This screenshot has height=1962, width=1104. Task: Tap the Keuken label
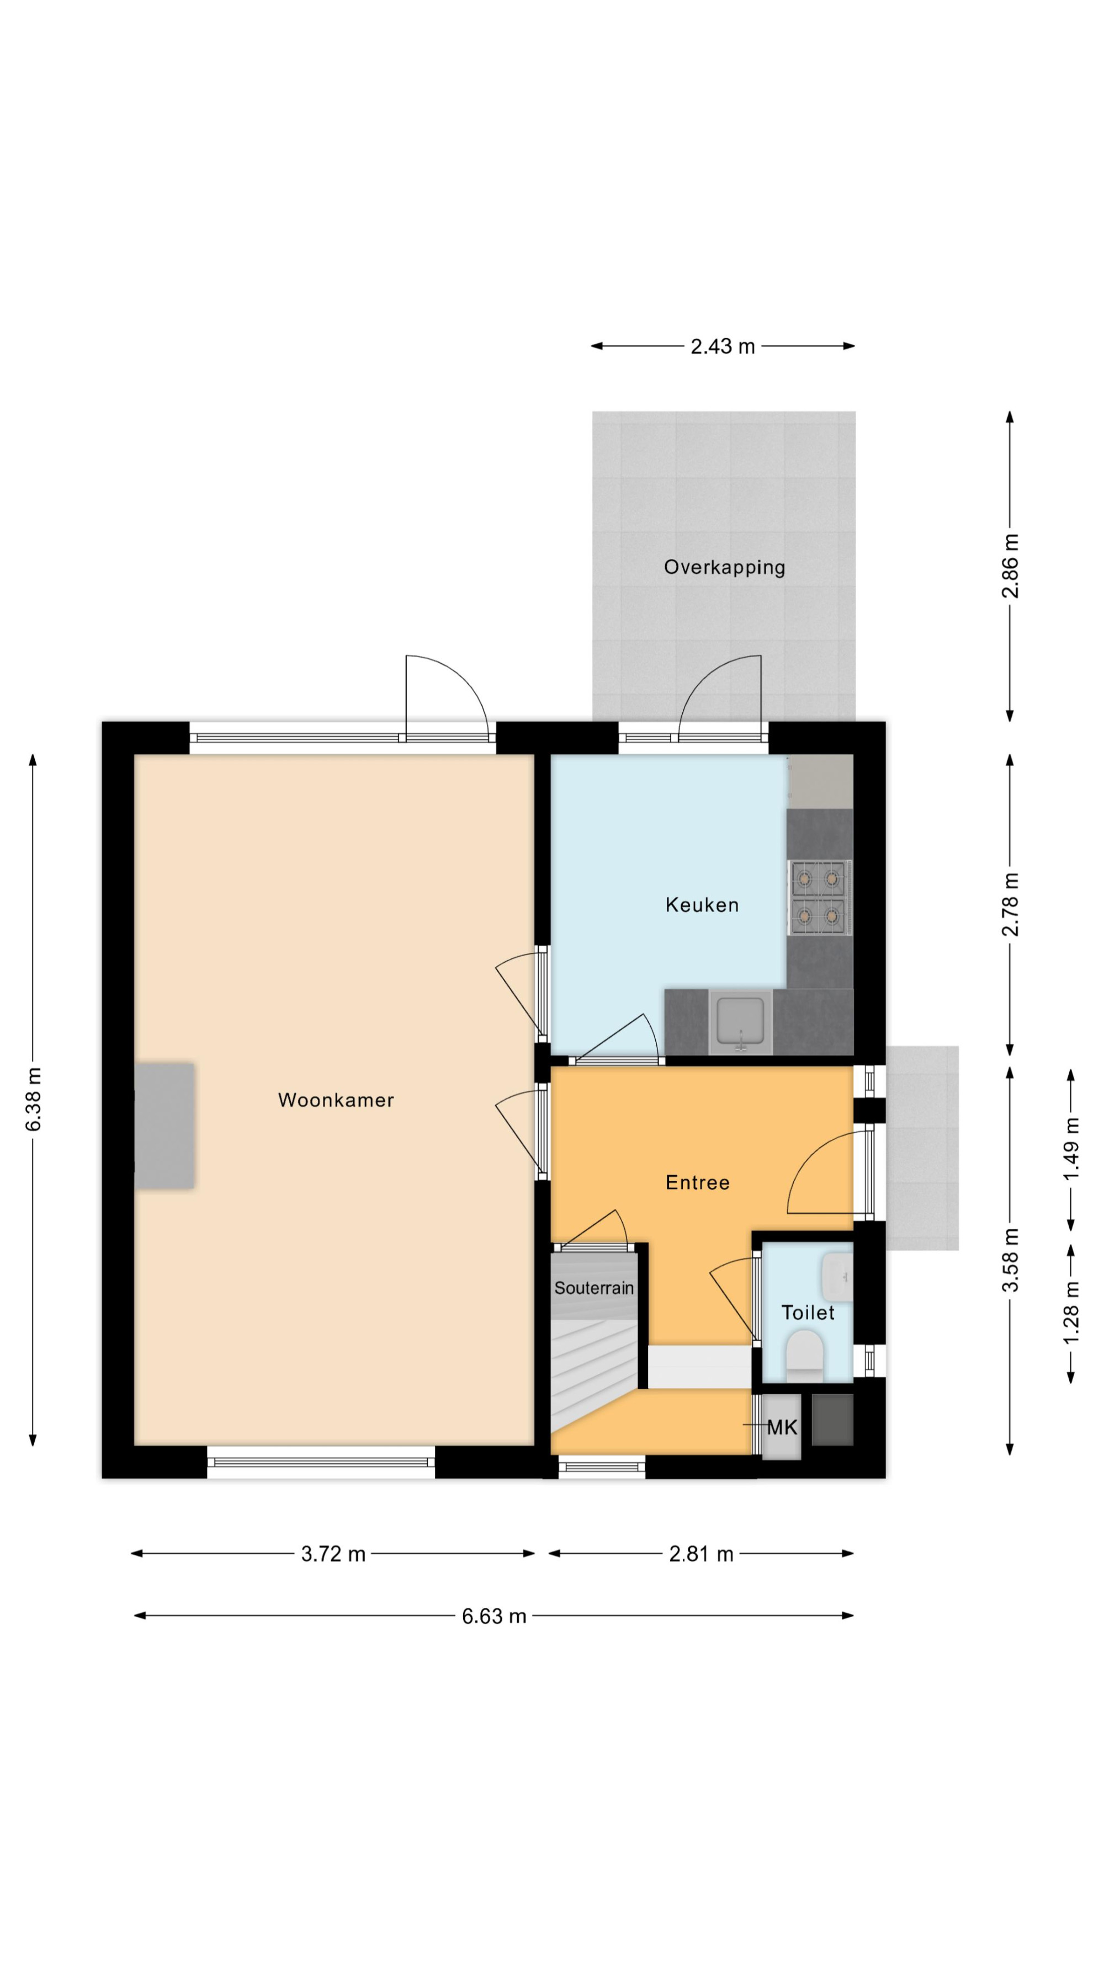click(702, 905)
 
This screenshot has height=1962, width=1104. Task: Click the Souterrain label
click(593, 1288)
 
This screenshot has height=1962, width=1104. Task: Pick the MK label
click(782, 1427)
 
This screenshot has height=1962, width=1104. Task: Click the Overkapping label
click(724, 567)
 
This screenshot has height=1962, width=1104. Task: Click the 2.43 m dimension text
click(722, 346)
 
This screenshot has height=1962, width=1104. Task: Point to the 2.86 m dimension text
click(1010, 566)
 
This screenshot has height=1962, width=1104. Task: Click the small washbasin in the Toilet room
click(837, 1277)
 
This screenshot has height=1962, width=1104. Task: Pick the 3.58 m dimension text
click(1010, 1260)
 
